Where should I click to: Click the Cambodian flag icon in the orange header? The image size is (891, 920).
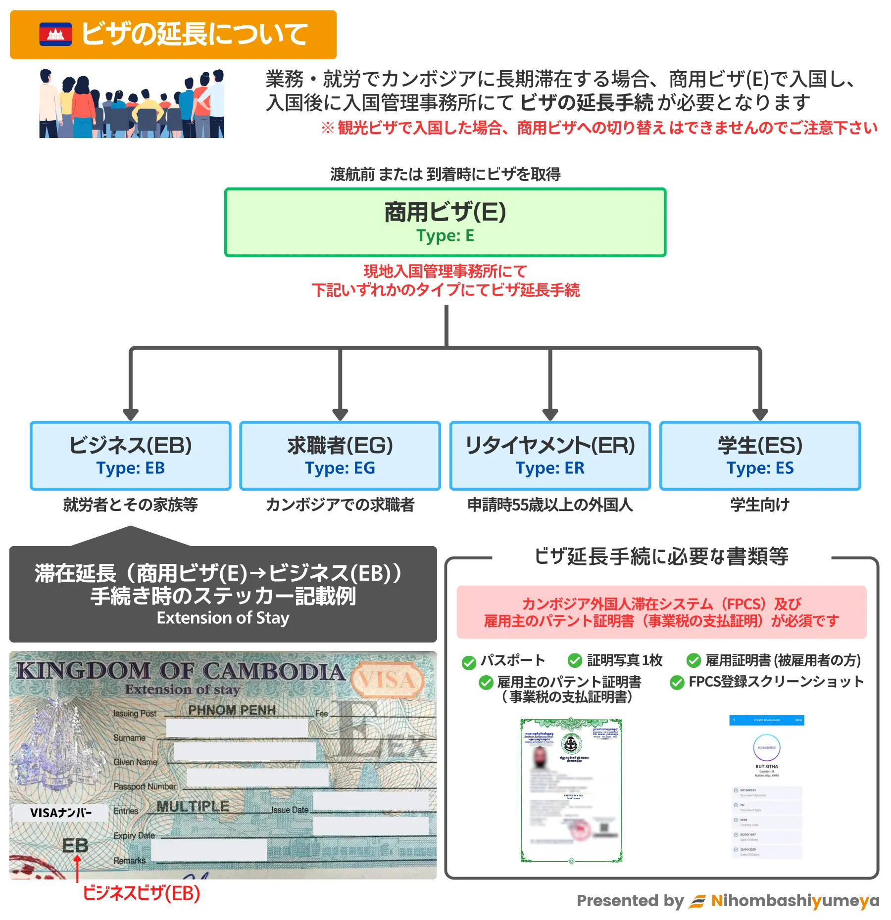[55, 34]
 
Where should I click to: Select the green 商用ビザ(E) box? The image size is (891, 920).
[445, 222]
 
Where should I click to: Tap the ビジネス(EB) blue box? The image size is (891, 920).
[131, 456]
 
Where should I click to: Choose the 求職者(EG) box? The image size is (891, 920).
[340, 456]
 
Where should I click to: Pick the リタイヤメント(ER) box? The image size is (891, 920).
[550, 456]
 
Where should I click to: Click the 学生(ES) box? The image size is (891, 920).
[760, 456]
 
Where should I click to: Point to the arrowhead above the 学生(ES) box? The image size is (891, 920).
[760, 414]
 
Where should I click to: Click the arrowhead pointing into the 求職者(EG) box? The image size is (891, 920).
[340, 414]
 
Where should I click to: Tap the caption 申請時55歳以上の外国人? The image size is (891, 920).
[550, 505]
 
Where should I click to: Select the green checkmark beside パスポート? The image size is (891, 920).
[469, 663]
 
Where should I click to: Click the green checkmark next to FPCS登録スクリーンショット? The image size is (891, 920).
[677, 683]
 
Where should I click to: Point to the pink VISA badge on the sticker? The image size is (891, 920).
[388, 680]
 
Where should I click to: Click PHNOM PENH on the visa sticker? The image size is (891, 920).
[232, 710]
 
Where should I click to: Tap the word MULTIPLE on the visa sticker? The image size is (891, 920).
[193, 807]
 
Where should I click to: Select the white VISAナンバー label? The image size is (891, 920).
[61, 813]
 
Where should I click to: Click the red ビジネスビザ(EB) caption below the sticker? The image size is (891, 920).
[141, 893]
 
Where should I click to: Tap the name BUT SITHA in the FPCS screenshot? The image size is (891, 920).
[766, 767]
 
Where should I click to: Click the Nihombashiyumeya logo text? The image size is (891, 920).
[795, 901]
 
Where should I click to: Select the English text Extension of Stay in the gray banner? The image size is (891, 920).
[223, 618]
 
